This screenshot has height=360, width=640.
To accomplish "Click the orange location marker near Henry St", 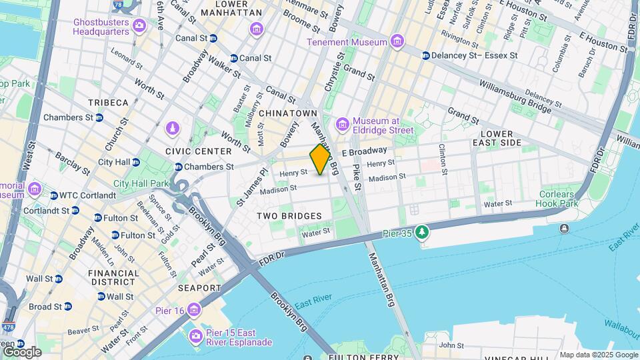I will coord(321,159).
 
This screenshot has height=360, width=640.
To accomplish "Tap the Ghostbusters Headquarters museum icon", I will coord(139,26).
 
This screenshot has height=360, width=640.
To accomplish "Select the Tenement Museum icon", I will coord(397,42).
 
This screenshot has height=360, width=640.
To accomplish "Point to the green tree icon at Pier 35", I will coord(421,233).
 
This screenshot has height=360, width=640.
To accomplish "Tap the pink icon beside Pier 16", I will coord(194,310).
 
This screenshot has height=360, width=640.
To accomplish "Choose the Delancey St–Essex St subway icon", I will coord(425,55).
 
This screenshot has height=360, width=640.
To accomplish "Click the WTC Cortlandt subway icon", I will coord(53,195).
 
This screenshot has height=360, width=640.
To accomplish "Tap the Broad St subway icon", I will coord(67,307).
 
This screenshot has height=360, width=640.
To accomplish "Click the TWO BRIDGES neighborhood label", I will coord(289,216).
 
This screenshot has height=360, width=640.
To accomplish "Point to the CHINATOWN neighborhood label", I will coord(287,113).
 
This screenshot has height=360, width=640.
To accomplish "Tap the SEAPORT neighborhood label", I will coord(199,288).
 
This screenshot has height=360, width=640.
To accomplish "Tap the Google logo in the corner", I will coord(21,351).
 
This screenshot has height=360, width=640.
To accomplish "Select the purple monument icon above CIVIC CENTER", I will coord(173,127).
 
